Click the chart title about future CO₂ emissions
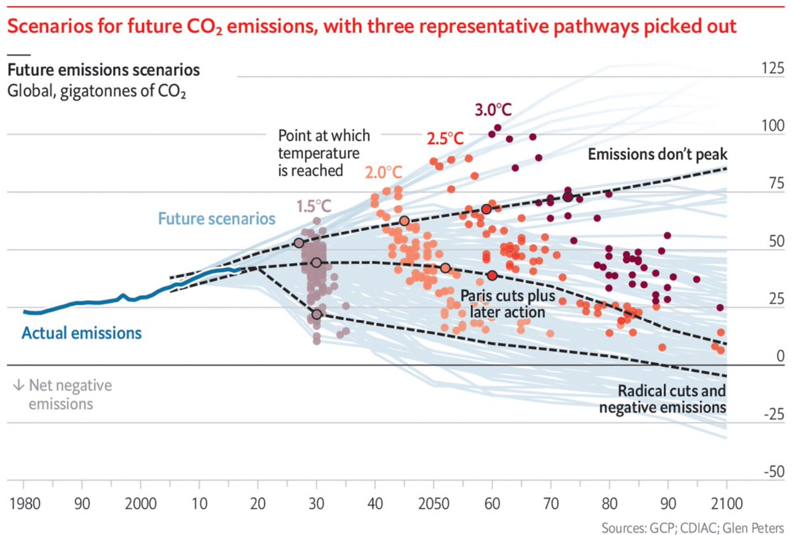click(x=372, y=27)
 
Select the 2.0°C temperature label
click(x=383, y=172)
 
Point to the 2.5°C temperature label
click(x=445, y=139)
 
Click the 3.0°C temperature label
click(x=493, y=109)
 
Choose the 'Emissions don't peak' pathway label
click(x=657, y=155)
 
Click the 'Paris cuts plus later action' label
click(x=508, y=304)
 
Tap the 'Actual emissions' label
click(x=82, y=333)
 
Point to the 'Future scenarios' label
click(x=216, y=218)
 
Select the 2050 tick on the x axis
click(x=433, y=502)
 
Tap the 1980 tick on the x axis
click(x=24, y=502)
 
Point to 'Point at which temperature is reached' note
click(x=324, y=153)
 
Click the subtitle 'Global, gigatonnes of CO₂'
click(x=96, y=92)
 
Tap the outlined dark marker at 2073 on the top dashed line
click(x=568, y=197)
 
